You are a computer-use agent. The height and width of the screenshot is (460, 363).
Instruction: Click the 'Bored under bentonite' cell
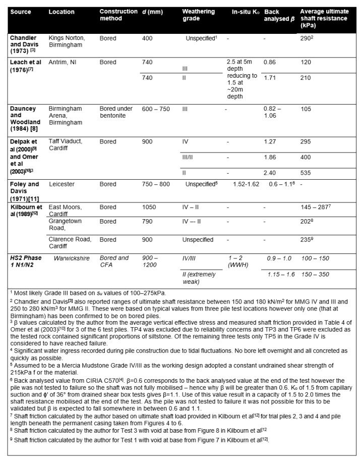[116, 112]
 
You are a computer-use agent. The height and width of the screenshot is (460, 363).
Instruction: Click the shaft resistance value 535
[306, 173]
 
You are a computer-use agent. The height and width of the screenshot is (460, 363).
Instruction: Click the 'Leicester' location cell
[61, 184]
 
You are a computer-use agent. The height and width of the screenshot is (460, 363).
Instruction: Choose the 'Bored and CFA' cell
[114, 261]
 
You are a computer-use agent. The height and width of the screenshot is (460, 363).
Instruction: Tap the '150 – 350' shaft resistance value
[314, 274]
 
